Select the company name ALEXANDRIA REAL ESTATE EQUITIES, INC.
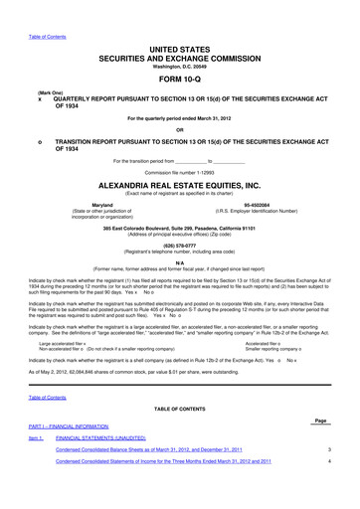pos(180,186)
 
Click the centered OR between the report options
pos(180,129)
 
